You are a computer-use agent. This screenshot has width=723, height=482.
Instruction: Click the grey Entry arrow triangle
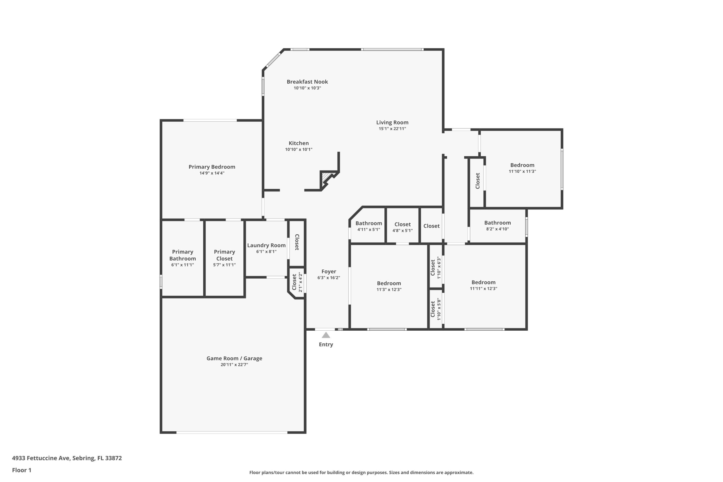coord(326,335)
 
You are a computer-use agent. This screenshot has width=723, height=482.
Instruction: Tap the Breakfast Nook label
coord(307,82)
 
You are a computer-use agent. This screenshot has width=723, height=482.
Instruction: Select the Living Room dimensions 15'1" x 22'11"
coord(392,129)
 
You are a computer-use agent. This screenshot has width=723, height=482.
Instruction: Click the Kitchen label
coord(299,143)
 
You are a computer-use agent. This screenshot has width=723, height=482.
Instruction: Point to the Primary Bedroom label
coord(212,167)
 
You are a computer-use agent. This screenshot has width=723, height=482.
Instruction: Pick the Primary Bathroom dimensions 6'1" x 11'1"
coord(183,265)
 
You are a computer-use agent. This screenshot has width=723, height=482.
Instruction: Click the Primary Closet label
coord(225,255)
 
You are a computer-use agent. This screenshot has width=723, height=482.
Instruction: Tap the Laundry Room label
coord(266,245)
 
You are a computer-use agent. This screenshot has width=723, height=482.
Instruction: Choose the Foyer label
coord(329,271)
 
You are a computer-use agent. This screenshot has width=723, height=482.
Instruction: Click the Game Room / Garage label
coord(234,358)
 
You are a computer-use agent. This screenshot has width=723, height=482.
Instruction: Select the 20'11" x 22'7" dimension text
coord(234,365)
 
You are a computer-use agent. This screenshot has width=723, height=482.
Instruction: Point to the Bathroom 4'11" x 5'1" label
coord(369,223)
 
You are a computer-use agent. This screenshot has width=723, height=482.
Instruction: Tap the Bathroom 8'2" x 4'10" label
coord(497,223)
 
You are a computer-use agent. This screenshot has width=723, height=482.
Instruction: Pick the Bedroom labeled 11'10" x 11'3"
coord(522,165)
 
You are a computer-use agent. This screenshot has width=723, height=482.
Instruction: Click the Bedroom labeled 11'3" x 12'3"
coord(389,283)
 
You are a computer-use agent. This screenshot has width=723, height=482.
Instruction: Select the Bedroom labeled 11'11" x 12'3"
coord(483,282)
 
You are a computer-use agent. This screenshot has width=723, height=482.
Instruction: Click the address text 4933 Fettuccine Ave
coord(41,458)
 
